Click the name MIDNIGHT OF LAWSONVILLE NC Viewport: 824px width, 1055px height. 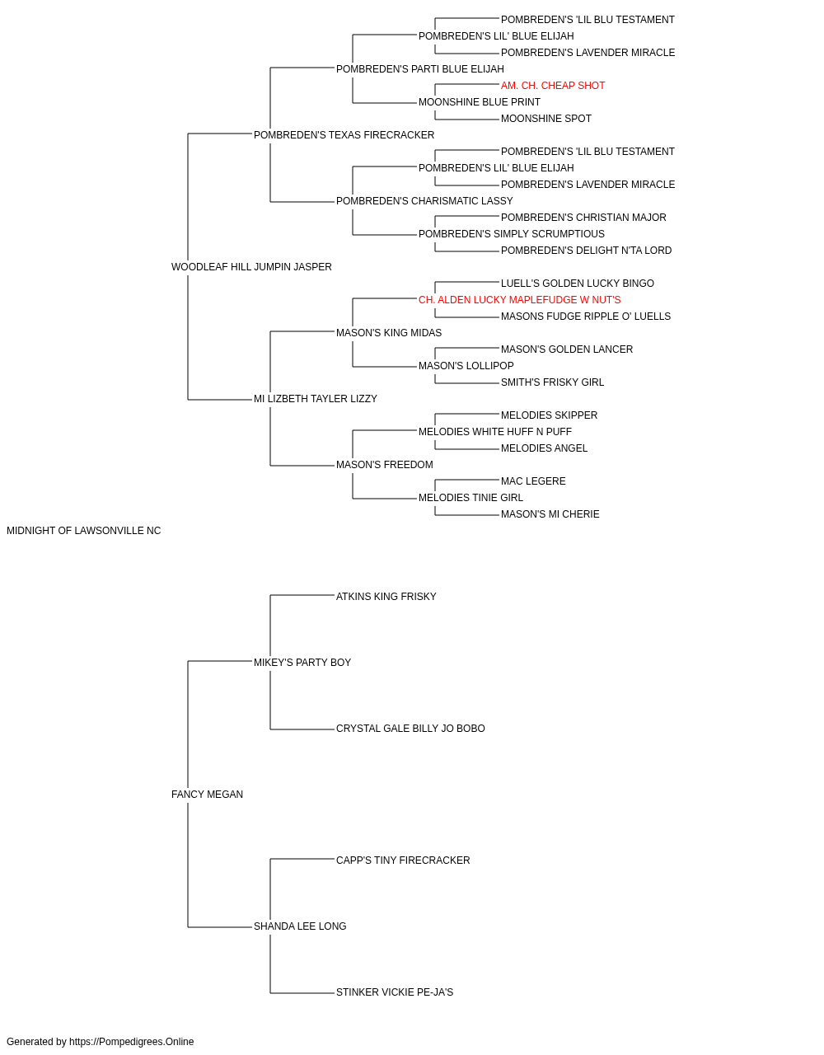(83, 531)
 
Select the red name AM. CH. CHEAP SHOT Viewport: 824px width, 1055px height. (553, 86)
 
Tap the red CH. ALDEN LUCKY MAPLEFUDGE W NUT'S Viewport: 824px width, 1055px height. (519, 300)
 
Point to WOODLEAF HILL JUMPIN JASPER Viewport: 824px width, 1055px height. (251, 267)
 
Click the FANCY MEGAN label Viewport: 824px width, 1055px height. (207, 795)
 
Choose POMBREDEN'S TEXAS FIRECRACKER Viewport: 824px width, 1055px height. (344, 135)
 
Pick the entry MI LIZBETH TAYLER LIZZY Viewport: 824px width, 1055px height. (316, 399)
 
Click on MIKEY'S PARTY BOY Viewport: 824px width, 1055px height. (302, 663)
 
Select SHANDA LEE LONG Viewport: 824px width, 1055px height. (300, 926)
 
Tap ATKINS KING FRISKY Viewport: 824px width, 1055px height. (386, 597)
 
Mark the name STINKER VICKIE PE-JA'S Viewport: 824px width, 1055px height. (395, 992)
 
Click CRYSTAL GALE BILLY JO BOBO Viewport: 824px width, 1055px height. (410, 729)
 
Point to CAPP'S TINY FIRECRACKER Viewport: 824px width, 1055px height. (403, 860)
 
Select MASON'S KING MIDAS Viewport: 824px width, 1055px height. (389, 333)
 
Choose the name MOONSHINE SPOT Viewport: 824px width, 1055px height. (546, 119)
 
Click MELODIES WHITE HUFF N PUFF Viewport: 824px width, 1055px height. (495, 432)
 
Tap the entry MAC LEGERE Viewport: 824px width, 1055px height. (533, 481)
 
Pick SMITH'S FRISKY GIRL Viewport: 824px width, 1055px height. (552, 382)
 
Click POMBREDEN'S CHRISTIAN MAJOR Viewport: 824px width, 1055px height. (583, 218)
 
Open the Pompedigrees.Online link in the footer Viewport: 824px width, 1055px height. (132, 1042)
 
